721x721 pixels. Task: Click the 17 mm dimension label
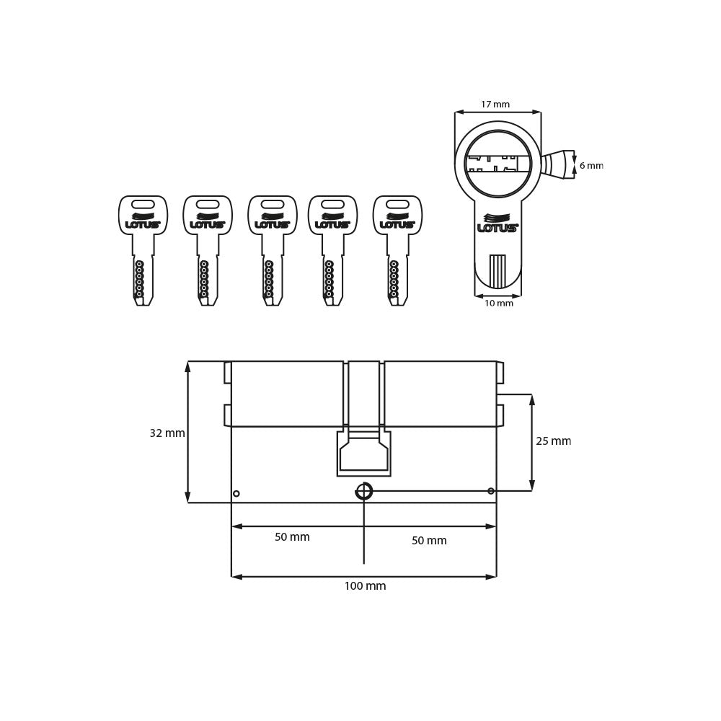495,105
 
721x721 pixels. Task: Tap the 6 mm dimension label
591,166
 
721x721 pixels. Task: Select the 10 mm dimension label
498,304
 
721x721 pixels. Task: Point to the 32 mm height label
167,433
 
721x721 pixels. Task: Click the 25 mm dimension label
553,441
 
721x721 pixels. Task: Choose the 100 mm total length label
365,586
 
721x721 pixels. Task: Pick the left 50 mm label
292,537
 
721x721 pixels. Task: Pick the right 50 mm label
429,541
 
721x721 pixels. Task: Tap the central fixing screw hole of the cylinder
364,491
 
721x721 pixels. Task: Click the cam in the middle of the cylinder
364,454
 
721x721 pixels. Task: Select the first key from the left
143,249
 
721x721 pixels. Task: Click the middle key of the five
273,249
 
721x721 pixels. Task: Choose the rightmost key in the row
397,249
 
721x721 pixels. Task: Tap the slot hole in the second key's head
208,205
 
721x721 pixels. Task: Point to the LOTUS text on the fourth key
332,225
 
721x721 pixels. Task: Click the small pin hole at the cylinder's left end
236,494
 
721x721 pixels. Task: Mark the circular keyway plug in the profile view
497,164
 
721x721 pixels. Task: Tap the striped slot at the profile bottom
497,271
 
